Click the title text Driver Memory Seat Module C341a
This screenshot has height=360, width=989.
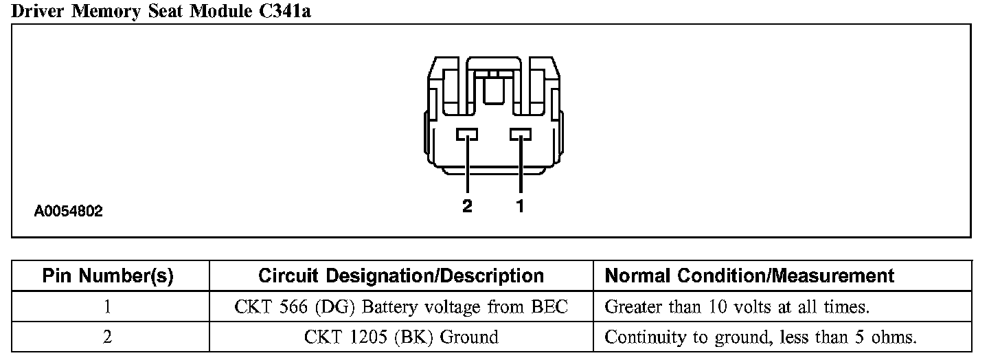tap(161, 11)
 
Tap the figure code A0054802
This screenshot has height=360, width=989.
tap(69, 211)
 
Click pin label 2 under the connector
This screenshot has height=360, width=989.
tap(467, 205)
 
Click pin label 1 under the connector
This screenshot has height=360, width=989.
tap(520, 205)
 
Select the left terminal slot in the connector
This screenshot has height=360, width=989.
tap(467, 134)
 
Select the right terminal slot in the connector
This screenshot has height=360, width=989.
tap(521, 134)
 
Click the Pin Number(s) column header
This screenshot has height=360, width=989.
tap(109, 276)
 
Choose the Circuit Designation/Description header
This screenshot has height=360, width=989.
tap(401, 276)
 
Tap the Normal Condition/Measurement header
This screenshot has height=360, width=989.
tap(749, 276)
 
